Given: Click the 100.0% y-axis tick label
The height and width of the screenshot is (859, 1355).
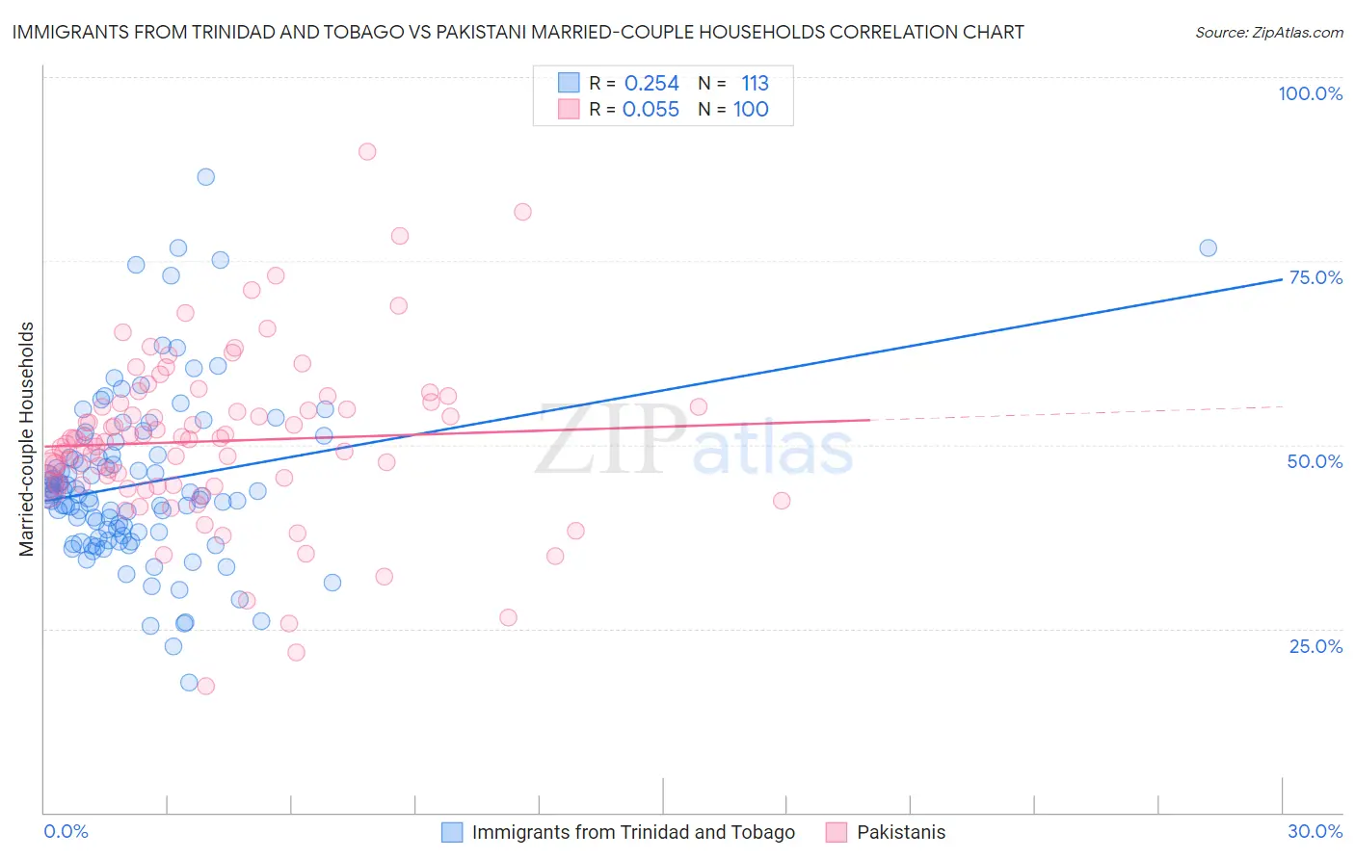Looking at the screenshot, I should pos(1310,93).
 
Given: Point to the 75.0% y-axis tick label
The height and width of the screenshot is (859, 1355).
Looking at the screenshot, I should pos(1315,277).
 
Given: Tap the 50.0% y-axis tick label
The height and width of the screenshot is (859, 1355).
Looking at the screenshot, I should pos(1315,461).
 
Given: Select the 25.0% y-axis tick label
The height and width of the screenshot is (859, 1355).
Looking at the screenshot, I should pos(1315,645).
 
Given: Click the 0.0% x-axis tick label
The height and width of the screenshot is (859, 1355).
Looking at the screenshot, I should pos(66,831).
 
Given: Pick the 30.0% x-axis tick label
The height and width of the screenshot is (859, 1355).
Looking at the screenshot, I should pos(1315,831).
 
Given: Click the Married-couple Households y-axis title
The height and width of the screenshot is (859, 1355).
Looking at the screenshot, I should pos(27,439).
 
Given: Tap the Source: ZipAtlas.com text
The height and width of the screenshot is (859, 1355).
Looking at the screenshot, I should pos(1268,33).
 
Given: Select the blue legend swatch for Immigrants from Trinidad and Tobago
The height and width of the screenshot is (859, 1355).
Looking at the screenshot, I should pos(452,832).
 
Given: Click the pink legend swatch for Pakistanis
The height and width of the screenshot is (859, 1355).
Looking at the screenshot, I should pos(836,832).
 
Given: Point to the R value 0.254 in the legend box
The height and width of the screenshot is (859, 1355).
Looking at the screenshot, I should pos(651,84).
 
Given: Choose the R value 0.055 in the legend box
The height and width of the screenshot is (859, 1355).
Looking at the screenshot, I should pos(651,110).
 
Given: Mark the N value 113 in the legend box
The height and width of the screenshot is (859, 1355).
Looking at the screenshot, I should pos(755,84).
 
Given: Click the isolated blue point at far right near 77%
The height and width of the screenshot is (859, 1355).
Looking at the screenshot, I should pos(1208,247).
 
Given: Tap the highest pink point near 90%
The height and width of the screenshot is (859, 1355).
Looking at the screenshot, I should pos(367,151).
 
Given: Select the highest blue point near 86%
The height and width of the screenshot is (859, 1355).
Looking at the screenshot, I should pos(205,176).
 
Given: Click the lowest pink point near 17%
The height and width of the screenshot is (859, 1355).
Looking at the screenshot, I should pos(205,686).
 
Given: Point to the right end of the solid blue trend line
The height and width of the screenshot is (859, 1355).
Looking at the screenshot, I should pos(1282,279).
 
